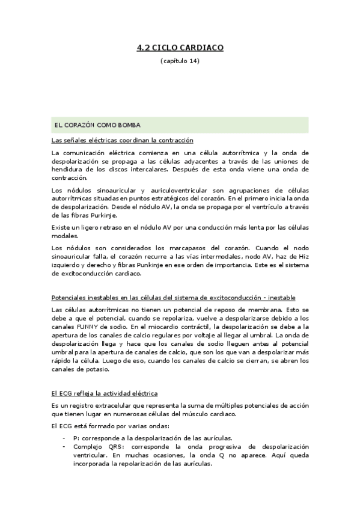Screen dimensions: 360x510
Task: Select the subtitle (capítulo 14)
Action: click(x=180, y=61)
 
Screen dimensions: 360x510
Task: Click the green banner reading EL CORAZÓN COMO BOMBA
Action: click(x=180, y=125)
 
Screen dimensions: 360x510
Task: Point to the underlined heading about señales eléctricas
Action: click(x=123, y=140)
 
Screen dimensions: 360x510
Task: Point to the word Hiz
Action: click(x=302, y=256)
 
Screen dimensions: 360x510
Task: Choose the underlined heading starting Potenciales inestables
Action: click(x=174, y=298)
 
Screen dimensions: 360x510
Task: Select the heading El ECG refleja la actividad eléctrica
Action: click(x=105, y=393)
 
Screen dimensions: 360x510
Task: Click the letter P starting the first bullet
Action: click(x=75, y=438)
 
